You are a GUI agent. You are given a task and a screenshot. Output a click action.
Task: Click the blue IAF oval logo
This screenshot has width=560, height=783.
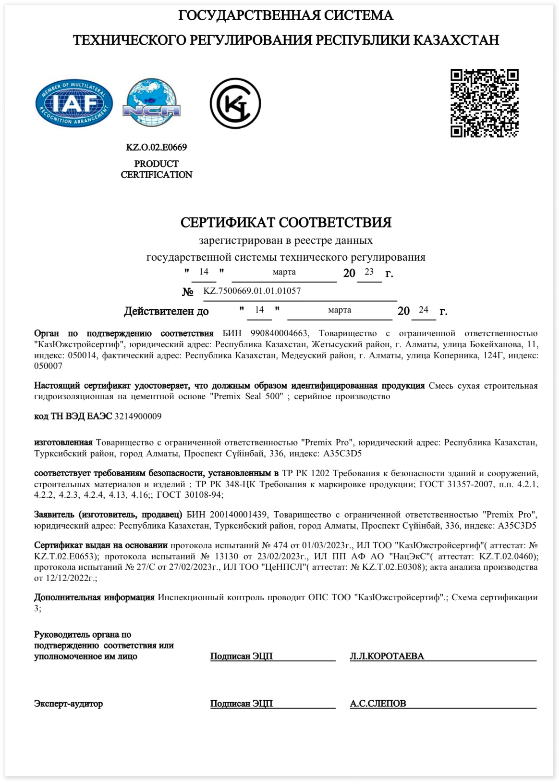(74, 104)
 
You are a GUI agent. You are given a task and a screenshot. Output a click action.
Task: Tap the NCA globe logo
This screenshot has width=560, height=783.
(151, 104)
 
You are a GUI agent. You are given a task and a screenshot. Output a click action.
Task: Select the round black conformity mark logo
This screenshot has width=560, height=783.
(235, 103)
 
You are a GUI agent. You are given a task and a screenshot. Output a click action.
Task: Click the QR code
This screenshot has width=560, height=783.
(484, 103)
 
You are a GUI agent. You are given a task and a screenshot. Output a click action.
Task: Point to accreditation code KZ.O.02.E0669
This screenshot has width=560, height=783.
(157, 147)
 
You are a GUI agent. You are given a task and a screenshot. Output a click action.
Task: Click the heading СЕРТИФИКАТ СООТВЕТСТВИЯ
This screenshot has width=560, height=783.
(286, 222)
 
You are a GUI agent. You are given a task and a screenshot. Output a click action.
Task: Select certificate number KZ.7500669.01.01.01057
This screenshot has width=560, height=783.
(252, 291)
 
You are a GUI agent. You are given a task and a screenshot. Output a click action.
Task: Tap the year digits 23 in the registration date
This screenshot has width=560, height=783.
(369, 272)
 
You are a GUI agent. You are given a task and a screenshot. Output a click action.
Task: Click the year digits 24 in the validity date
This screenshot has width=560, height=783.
(423, 310)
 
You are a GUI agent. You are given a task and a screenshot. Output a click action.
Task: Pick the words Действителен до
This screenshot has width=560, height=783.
(166, 311)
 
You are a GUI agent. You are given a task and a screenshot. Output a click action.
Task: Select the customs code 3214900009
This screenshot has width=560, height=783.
(138, 417)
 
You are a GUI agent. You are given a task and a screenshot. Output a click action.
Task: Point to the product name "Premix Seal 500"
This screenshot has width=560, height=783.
(246, 396)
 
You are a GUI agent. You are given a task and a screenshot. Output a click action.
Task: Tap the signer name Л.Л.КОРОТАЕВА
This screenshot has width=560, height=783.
(387, 657)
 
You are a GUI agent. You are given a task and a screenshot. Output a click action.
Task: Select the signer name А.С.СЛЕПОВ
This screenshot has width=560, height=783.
(378, 704)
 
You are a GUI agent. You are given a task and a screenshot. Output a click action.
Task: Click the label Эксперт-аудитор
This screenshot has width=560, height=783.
(68, 704)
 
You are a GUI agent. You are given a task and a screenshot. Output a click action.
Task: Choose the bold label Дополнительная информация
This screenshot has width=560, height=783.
(94, 597)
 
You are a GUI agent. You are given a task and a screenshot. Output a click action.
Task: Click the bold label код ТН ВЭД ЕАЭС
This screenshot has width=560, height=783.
(73, 417)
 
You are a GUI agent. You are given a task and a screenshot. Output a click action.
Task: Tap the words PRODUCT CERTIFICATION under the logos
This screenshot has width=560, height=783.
(157, 169)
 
